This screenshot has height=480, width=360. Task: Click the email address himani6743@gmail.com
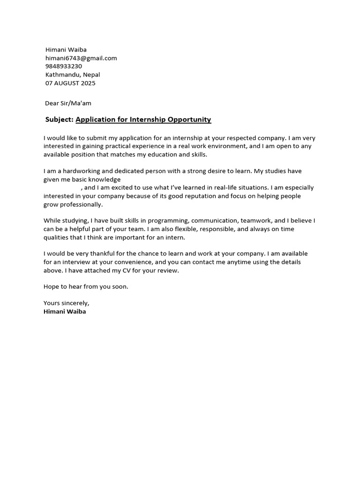(81, 58)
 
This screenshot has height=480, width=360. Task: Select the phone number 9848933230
(64, 66)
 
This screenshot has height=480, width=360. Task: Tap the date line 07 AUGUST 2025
(70, 83)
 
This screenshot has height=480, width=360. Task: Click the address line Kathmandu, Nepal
(73, 75)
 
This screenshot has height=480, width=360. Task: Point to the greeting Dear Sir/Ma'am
(72, 103)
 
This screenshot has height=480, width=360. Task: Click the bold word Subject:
(60, 120)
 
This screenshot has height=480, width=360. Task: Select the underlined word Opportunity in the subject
(190, 120)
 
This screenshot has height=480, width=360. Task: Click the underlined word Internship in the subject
(149, 120)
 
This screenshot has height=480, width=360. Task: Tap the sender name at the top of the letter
(66, 50)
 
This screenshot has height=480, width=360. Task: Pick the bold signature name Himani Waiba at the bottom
(65, 311)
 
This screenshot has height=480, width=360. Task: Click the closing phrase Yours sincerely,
(66, 303)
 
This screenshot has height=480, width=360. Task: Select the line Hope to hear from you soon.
(86, 286)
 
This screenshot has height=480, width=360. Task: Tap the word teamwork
(256, 220)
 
